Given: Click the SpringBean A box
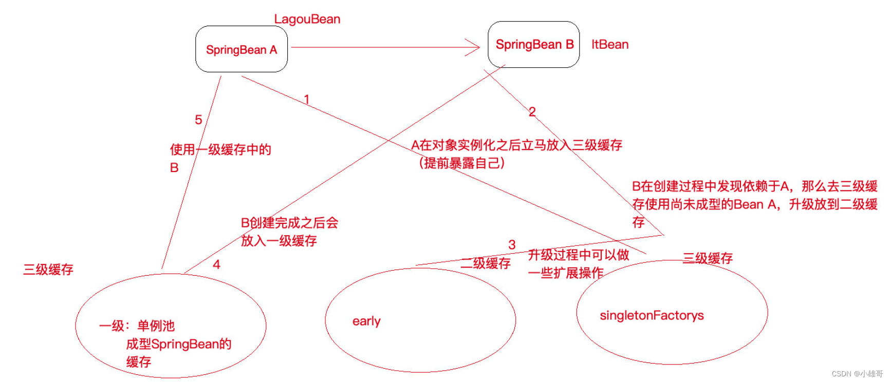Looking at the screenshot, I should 241,49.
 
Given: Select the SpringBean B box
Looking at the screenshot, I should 533,45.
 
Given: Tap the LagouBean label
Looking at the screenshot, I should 307,20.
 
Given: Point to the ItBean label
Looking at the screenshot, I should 610,45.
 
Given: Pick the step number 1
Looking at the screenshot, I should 307,99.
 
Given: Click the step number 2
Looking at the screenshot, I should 532,111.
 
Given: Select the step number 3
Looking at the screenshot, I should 512,245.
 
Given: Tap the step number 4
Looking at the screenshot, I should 216,264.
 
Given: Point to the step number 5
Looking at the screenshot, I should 198,120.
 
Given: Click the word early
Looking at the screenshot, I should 366,321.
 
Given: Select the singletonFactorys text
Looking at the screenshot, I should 652,315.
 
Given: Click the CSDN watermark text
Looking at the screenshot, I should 857,374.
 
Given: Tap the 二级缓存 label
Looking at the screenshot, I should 486,263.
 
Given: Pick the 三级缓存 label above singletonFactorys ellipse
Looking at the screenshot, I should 708,258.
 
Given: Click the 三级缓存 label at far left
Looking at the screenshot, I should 48,270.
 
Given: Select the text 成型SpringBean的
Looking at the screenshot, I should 178,344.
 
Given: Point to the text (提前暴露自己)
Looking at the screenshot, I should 462,163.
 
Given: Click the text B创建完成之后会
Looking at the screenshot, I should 289,223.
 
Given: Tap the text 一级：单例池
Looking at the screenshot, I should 137,326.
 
